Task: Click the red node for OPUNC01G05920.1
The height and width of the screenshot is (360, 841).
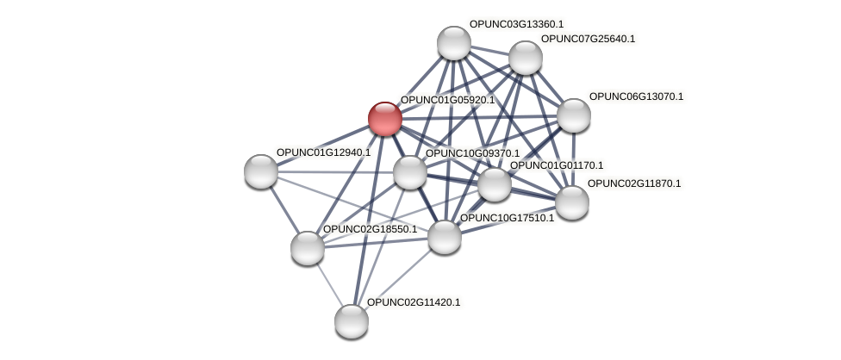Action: click(384, 119)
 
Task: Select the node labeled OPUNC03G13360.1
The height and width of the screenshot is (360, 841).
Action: click(453, 43)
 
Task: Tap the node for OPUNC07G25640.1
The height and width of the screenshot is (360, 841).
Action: click(525, 58)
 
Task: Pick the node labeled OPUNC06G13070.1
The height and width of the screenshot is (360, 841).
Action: click(573, 115)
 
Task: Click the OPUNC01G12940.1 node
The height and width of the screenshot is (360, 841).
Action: click(261, 171)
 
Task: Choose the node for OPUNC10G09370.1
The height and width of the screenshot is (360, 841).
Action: click(410, 172)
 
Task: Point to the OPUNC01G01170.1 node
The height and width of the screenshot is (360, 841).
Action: click(494, 184)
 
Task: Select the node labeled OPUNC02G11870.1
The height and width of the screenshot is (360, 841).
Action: click(571, 202)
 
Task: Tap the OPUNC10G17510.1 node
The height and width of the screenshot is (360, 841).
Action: click(445, 237)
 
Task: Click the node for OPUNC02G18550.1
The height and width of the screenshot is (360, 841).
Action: click(308, 248)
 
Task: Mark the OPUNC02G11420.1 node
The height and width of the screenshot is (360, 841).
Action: click(352, 321)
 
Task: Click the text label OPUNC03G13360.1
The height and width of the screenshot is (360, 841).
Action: click(516, 24)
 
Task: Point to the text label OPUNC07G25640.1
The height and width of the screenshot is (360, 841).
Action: click(588, 39)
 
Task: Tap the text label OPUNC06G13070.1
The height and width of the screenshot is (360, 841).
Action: click(636, 96)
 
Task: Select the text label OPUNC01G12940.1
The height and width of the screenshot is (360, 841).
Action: click(323, 152)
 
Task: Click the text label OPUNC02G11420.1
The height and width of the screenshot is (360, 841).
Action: click(414, 302)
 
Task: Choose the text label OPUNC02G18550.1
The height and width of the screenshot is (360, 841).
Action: click(370, 229)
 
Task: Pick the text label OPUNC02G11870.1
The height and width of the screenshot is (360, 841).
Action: click(634, 183)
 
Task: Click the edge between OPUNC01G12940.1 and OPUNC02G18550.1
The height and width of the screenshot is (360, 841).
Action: click(284, 209)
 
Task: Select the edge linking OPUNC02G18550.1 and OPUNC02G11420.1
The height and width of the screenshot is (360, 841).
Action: click(329, 284)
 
